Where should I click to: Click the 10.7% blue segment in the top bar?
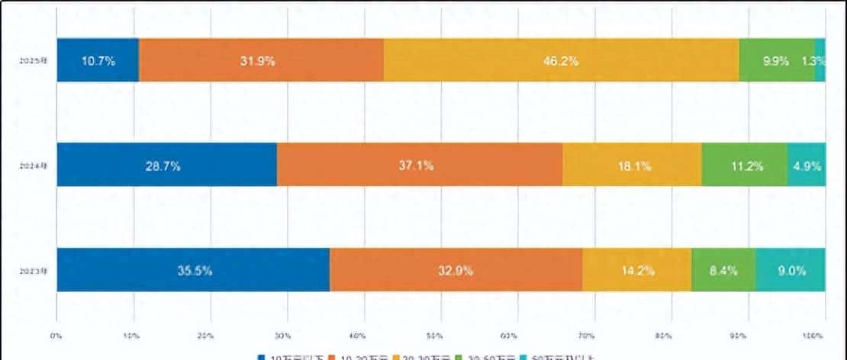pos(98,59)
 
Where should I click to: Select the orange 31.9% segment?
pos(261,59)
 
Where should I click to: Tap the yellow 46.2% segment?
pos(561,59)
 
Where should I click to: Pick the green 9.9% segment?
pos(776,59)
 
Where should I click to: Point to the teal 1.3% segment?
pos(820,59)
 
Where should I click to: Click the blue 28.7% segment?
pos(166,165)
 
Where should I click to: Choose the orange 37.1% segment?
pos(419,165)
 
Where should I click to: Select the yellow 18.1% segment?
pos(632,165)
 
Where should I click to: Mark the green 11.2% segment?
pos(744,165)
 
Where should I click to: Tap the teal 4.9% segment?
pos(807,165)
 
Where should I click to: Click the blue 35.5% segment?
pos(193,269)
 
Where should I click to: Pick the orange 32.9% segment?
pos(456,269)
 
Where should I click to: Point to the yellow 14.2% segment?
pos(636,269)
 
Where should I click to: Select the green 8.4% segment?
pos(723,269)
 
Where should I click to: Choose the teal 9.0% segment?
pos(791,269)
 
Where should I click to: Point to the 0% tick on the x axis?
pos(56,335)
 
